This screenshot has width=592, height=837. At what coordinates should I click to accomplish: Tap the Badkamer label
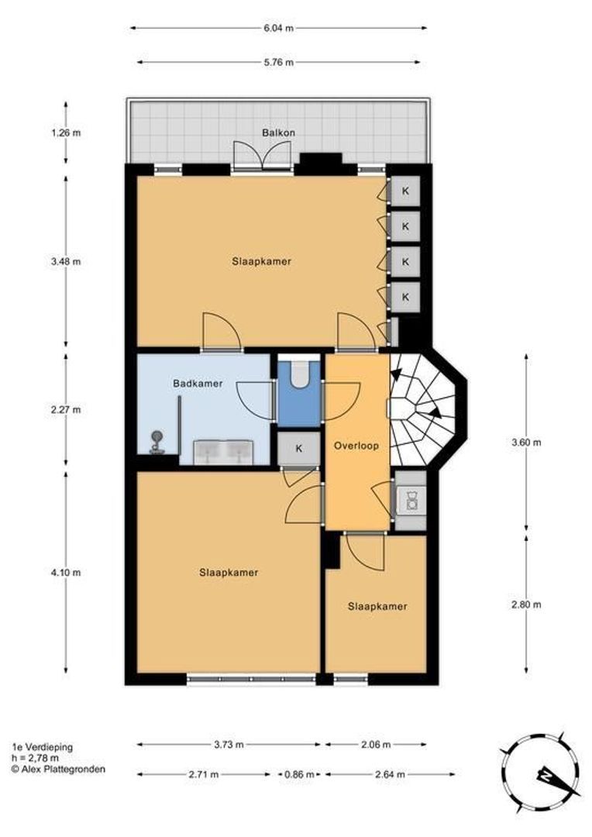[198, 383]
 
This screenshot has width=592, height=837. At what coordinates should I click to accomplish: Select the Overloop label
[356, 446]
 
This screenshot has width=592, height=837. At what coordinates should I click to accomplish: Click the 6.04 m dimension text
[278, 28]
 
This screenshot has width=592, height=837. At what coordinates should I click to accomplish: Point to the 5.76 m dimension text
[278, 62]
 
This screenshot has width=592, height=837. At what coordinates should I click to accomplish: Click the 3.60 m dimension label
[527, 443]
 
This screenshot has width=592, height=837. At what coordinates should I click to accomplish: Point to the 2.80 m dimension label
[527, 605]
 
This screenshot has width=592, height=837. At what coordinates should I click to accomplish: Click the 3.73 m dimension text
[229, 744]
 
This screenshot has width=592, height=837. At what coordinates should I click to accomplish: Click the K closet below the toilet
[298, 448]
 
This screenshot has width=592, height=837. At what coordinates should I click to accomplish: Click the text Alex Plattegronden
[63, 769]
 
